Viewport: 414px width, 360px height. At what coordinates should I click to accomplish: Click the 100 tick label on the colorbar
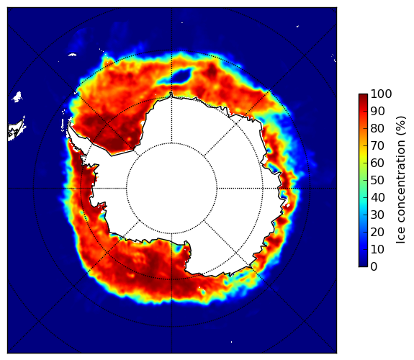381,94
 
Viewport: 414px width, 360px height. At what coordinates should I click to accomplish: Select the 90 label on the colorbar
377,111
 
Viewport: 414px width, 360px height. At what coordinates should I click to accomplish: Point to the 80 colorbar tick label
377,128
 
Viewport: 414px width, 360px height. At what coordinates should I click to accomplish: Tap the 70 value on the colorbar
377,145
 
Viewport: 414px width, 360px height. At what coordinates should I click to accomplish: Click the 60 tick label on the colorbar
377,163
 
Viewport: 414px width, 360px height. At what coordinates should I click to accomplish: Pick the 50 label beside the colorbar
377,180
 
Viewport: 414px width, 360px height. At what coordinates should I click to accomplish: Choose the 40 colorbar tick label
377,197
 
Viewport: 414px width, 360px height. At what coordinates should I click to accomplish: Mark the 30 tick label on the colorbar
377,215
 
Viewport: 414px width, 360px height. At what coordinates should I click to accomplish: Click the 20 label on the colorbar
377,232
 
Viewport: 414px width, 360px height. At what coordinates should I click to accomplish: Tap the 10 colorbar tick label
377,249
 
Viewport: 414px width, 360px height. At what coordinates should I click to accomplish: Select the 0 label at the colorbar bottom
374,266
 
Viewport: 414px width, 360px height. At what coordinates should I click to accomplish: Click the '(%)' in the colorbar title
401,126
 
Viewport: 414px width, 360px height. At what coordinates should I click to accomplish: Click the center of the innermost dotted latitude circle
171,189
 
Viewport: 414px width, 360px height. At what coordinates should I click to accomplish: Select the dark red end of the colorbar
363,96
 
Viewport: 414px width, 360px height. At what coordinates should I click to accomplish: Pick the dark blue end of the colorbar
363,264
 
